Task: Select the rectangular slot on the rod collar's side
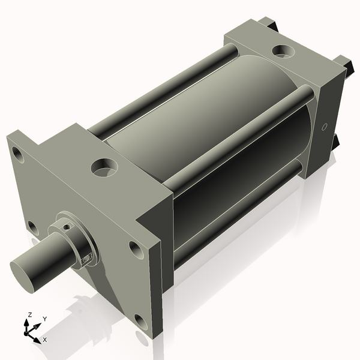87,257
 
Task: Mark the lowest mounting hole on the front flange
141,322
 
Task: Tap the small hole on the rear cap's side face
325,127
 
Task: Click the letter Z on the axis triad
29,315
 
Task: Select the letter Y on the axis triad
45,319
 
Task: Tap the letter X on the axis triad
45,340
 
